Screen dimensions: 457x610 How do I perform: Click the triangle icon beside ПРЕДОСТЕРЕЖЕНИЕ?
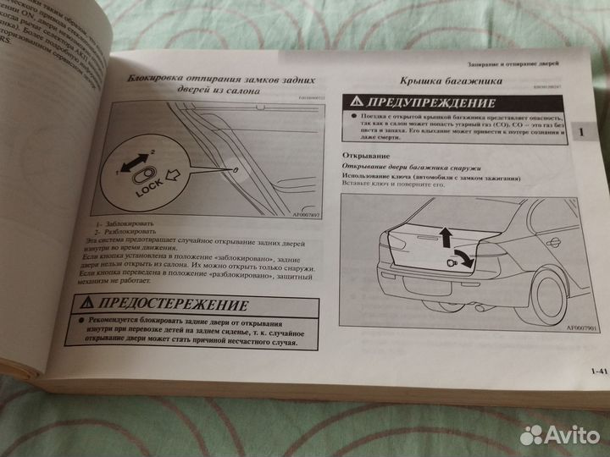tap(86, 302)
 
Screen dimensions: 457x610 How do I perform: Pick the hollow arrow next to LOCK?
tap(176, 177)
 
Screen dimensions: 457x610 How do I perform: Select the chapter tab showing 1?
tap(579, 134)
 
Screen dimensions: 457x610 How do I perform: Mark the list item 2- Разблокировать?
tap(123, 231)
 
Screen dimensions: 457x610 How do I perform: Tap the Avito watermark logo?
tap(559, 434)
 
